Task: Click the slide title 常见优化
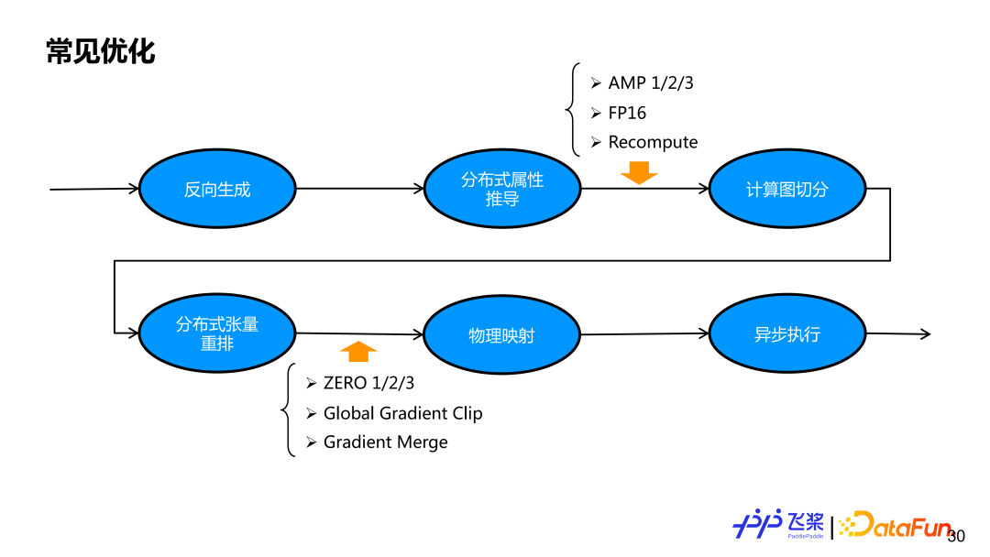[x=101, y=51]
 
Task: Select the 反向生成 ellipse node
[x=217, y=190]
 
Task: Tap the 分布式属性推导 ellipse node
[x=502, y=190]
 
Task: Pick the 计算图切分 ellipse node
[x=786, y=190]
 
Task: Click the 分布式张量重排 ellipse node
[x=217, y=333]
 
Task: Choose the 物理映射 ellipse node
[x=501, y=335]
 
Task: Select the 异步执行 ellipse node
[x=786, y=334]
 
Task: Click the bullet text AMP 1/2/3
[x=651, y=82]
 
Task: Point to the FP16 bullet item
[x=627, y=113]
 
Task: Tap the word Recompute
[x=653, y=142]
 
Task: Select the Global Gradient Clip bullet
[x=402, y=413]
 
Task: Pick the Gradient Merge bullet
[x=385, y=442]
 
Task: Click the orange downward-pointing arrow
[x=639, y=172]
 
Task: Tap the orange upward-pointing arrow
[x=358, y=351]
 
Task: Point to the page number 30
[x=956, y=536]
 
